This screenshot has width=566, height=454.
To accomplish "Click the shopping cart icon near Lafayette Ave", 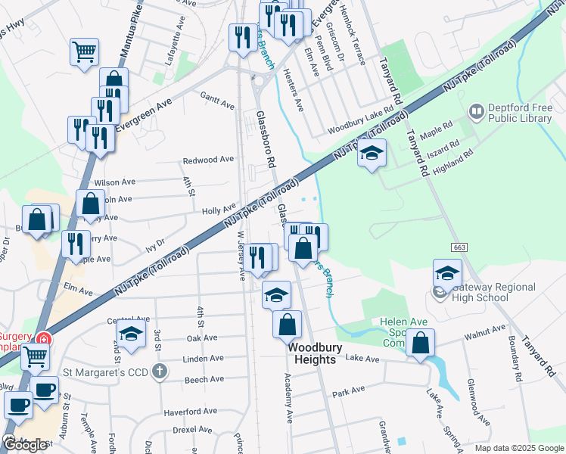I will (x=85, y=51).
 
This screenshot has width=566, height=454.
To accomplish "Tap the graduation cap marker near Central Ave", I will (x=131, y=333).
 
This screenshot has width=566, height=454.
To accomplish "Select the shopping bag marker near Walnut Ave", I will (x=420, y=343).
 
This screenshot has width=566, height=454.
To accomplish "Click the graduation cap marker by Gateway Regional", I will (x=447, y=272).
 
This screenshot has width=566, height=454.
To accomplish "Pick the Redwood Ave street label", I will (x=209, y=160).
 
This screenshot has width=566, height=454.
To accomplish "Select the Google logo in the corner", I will (x=25, y=445).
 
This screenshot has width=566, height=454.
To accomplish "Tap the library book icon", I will (x=477, y=113).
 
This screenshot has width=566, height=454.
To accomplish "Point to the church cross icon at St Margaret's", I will (x=159, y=372).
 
